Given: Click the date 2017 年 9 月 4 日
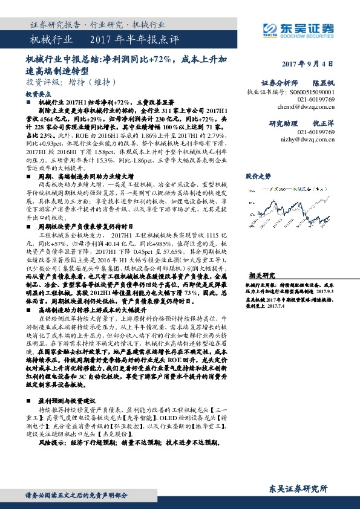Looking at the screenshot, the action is point(307,63).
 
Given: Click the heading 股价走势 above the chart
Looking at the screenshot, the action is point(258,176).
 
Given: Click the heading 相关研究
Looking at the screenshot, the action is point(261,257).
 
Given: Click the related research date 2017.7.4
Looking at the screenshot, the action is point(273,290).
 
